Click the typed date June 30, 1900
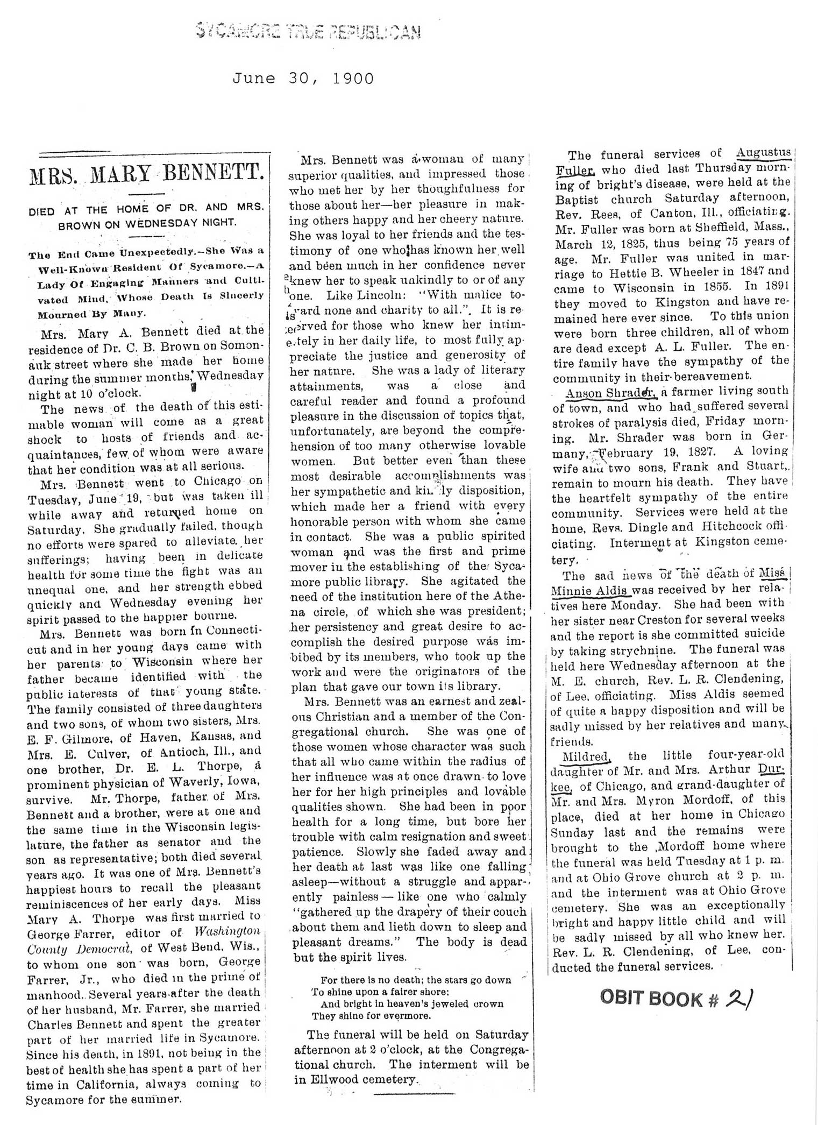303,79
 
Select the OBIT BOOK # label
659,999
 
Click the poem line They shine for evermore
371,1016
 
